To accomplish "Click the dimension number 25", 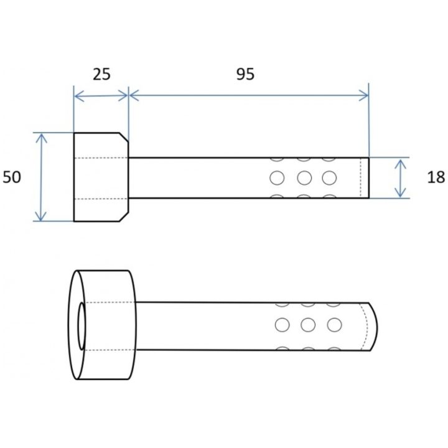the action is point(101,74).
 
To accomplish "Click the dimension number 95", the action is point(245,74).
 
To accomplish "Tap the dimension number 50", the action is point(12,177).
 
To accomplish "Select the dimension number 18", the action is point(436,177).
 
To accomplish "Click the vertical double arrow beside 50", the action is point(42,177).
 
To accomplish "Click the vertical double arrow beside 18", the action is point(401,178).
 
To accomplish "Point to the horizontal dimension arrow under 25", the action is point(101,96).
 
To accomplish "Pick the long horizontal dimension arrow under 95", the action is point(248,95).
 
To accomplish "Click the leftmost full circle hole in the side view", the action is point(277,178).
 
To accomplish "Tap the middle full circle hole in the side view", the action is point(304,178).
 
